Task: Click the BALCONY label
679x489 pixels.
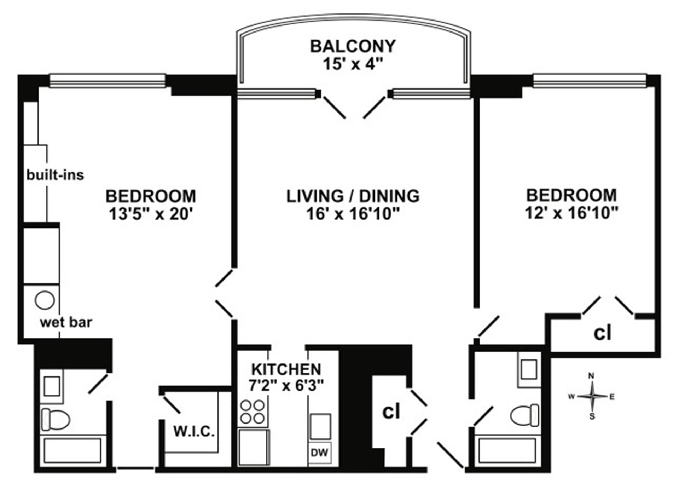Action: [x=353, y=46]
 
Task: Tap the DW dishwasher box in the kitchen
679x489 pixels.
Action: [x=320, y=453]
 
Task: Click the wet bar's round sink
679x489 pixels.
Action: [x=45, y=300]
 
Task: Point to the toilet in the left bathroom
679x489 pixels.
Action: [x=55, y=420]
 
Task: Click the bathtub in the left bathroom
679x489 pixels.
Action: [x=72, y=450]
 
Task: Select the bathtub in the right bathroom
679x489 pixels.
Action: [x=507, y=450]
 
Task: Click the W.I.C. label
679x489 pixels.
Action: [x=194, y=431]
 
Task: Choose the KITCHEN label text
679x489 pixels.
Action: [x=286, y=369]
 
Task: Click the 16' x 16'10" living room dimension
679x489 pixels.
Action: [x=353, y=214]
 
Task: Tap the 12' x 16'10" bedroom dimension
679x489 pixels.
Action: [x=571, y=213]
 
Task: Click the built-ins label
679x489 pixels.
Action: [x=55, y=175]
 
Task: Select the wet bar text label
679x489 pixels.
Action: [x=66, y=322]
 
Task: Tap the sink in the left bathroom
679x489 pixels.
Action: [x=52, y=386]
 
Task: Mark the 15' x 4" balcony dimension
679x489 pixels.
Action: [x=353, y=64]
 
